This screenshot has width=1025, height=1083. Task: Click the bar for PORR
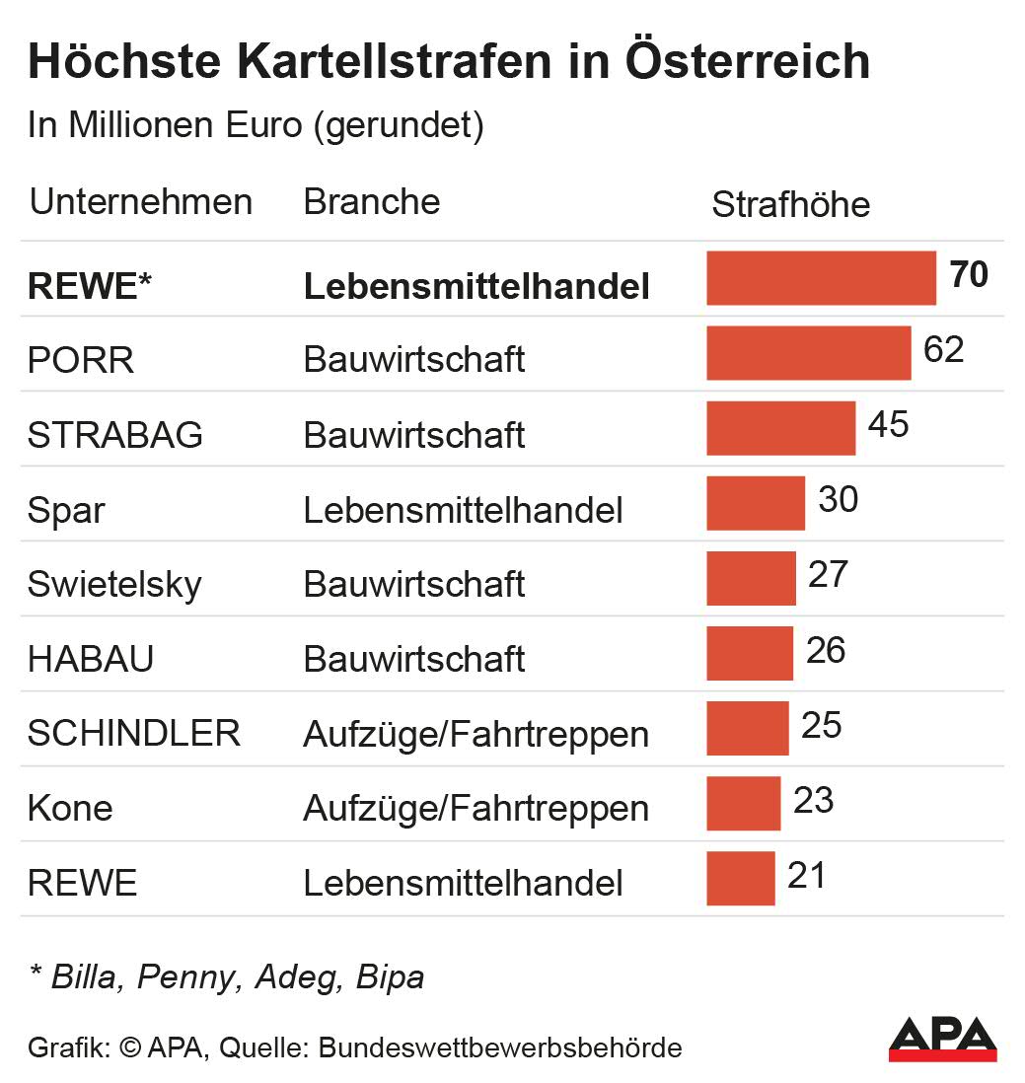(808, 353)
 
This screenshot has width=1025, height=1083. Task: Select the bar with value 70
(821, 278)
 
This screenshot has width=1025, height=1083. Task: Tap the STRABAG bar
(780, 428)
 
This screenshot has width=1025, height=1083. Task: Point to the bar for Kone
(743, 803)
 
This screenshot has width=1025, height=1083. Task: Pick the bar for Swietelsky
(751, 578)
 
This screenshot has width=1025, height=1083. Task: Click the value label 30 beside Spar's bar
(838, 499)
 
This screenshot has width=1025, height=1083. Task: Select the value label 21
(806, 875)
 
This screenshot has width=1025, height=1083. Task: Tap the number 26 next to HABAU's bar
(825, 650)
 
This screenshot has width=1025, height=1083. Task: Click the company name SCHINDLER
(134, 733)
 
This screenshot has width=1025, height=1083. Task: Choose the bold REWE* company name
(90, 286)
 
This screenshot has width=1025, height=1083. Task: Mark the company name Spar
(66, 510)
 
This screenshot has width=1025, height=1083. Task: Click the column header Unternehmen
(141, 202)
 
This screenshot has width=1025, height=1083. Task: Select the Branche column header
(371, 201)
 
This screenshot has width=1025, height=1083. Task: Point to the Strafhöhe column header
(790, 204)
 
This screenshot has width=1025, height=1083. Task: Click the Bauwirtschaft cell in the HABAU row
(413, 659)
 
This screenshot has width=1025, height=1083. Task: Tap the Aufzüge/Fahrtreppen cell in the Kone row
(476, 809)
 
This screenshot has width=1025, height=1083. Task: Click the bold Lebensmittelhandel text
(476, 286)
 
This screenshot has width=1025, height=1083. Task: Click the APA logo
(942, 1039)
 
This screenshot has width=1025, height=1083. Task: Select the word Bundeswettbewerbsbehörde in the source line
(500, 1047)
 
